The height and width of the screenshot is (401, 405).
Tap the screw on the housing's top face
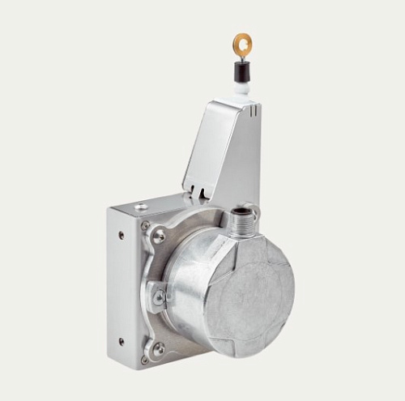(x=143, y=208)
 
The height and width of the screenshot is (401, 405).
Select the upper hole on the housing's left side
(x=122, y=236)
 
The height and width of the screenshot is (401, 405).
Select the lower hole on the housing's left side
(x=121, y=341)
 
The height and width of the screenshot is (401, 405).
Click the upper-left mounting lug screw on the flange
(x=159, y=237)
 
